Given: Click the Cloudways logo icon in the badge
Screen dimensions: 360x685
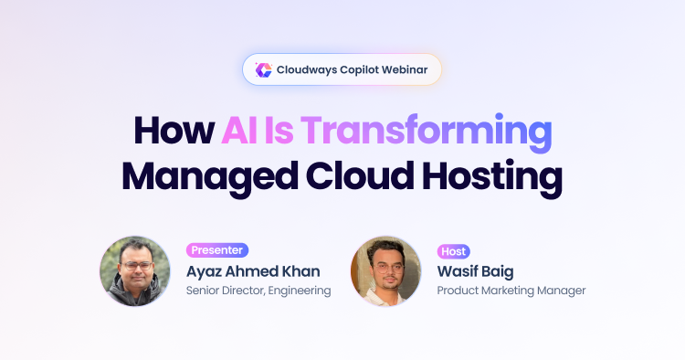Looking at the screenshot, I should (263, 69).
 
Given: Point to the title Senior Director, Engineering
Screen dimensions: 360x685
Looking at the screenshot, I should (258, 291).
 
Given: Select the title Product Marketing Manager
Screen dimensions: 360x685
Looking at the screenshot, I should (511, 291).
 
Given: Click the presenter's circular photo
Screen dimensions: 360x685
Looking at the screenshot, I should (134, 270).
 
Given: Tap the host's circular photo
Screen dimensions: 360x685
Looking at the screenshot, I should (385, 270).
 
